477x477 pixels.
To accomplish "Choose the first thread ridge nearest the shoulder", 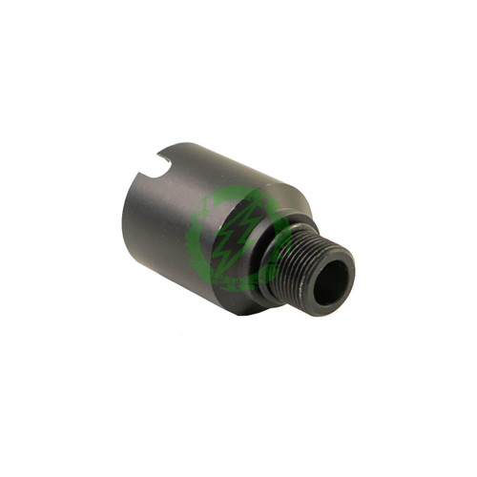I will tap(291, 253).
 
